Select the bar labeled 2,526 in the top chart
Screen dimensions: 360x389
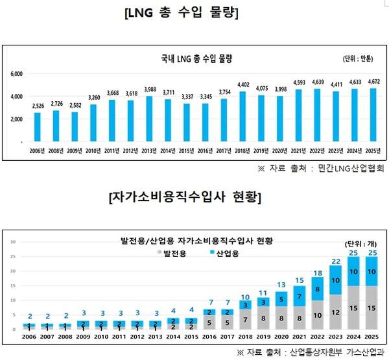pos(37,126)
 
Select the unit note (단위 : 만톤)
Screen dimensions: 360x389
pos(357,60)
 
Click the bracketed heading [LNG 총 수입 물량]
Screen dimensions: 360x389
pos(191,14)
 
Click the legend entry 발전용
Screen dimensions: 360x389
pos(171,254)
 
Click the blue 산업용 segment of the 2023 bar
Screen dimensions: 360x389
pos(335,280)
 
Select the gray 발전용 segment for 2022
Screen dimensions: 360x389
pos(317,315)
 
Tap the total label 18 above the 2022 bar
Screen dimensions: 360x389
pos(317,272)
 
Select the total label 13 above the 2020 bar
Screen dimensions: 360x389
pos(281,285)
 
